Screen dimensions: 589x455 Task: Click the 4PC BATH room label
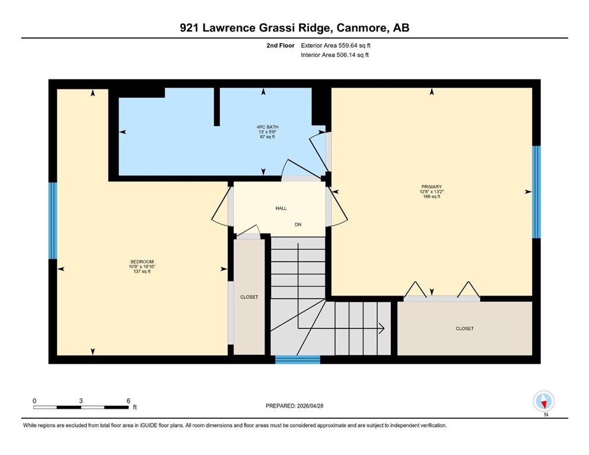(268, 127)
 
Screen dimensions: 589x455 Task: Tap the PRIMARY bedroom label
(431, 187)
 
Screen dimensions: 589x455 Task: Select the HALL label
(281, 208)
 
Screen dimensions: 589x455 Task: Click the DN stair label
(298, 225)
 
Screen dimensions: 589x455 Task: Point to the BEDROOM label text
(142, 262)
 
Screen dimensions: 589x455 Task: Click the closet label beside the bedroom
(249, 297)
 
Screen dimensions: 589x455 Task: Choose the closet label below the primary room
(464, 329)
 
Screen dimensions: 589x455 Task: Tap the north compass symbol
(543, 402)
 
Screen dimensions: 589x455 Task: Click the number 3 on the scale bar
(81, 400)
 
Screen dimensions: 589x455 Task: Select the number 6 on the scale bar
(129, 400)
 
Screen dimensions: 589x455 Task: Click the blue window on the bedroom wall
(53, 220)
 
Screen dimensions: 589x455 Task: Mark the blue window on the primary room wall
(536, 192)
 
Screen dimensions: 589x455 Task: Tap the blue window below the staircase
(298, 360)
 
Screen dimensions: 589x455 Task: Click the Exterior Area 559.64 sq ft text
(336, 46)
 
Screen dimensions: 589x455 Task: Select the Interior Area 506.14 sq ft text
(335, 55)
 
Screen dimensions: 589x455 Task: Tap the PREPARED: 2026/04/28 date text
(294, 406)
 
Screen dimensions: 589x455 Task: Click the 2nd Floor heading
(280, 46)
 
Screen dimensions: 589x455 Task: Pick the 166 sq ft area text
(431, 197)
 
